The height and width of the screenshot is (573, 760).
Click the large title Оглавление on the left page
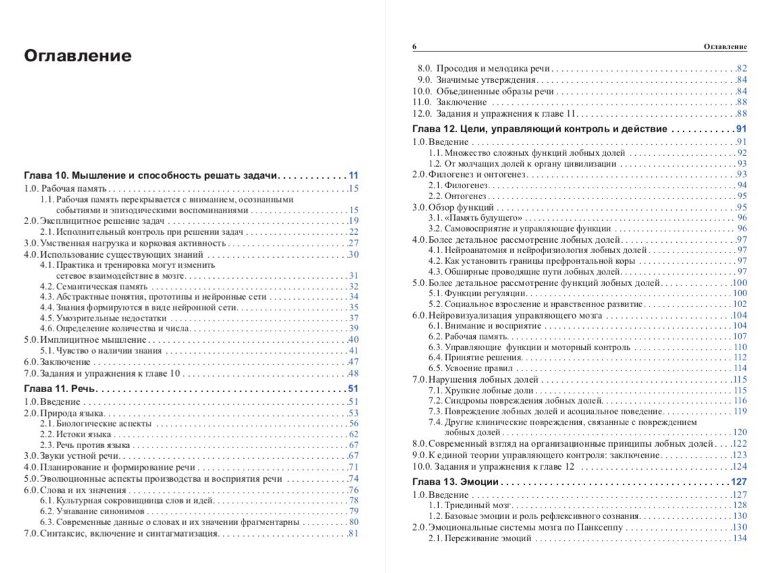click(x=78, y=55)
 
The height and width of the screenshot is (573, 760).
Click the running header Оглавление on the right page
click(x=725, y=47)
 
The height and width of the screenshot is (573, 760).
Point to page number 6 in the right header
click(x=414, y=47)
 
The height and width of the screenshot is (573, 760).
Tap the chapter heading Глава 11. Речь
click(x=61, y=388)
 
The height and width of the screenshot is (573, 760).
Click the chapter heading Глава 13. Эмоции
click(x=456, y=482)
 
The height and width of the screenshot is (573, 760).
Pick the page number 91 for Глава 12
click(x=741, y=129)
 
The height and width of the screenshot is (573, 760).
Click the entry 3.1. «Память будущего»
click(x=475, y=218)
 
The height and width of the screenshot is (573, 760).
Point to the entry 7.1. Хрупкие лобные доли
click(x=481, y=390)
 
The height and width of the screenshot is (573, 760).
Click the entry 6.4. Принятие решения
click(x=476, y=357)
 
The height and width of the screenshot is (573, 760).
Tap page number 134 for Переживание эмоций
click(x=740, y=538)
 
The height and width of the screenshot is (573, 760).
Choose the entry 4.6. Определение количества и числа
click(x=115, y=328)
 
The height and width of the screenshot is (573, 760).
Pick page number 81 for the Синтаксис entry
click(x=353, y=534)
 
